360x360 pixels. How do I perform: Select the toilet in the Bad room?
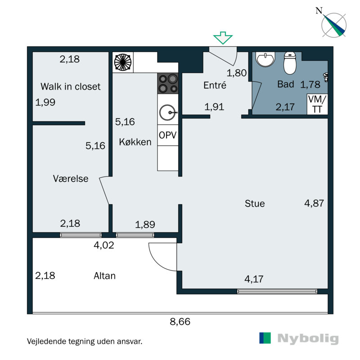290,63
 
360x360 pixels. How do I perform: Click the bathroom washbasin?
266,59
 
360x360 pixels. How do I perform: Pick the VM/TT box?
317,104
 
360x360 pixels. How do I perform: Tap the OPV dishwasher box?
167,135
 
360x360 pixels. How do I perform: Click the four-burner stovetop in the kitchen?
168,84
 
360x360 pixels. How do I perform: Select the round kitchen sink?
168,111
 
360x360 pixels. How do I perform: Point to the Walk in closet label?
70,86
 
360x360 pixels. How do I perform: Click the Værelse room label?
70,179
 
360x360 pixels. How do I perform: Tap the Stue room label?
255,203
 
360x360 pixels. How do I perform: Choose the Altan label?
104,276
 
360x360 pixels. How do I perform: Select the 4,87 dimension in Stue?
314,203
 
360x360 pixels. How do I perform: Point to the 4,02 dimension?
103,246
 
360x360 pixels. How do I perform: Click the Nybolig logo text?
308,338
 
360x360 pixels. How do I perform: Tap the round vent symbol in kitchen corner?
123,62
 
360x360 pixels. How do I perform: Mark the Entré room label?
215,85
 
